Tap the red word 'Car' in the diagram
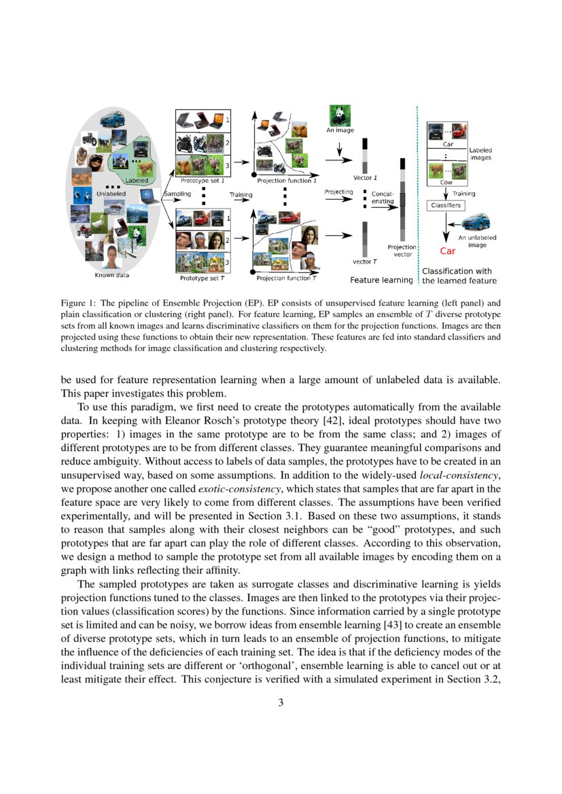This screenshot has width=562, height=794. (x=447, y=251)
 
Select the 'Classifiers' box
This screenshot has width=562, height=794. (x=445, y=204)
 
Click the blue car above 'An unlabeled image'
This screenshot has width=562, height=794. (x=478, y=222)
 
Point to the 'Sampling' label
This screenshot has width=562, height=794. (x=177, y=194)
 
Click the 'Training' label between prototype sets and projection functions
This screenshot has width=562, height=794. (x=241, y=195)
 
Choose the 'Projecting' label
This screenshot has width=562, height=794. (x=338, y=192)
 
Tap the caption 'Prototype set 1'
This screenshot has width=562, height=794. (x=203, y=181)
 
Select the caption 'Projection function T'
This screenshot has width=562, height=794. (x=286, y=278)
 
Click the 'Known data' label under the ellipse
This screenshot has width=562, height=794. (x=111, y=275)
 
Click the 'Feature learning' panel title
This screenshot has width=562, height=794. (x=381, y=280)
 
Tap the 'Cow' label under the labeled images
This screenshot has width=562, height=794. (x=447, y=183)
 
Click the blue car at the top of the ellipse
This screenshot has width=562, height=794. (x=111, y=121)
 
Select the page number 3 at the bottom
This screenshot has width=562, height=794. (x=281, y=702)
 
